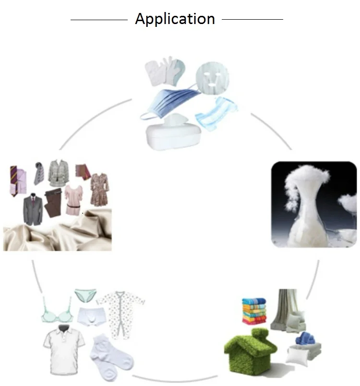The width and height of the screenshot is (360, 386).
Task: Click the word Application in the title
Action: coord(175,19)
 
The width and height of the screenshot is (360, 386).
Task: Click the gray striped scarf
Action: coord(39,174)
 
